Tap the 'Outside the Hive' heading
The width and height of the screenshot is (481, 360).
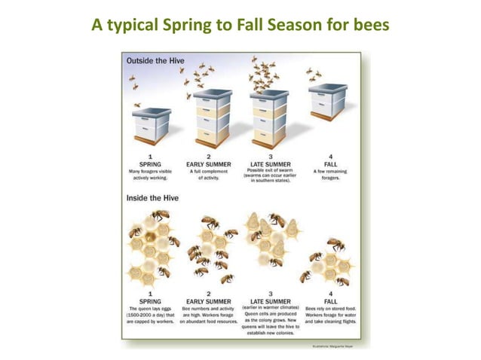[157, 60]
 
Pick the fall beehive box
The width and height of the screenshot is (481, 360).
[328, 103]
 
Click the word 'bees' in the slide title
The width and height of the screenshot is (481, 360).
[369, 26]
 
